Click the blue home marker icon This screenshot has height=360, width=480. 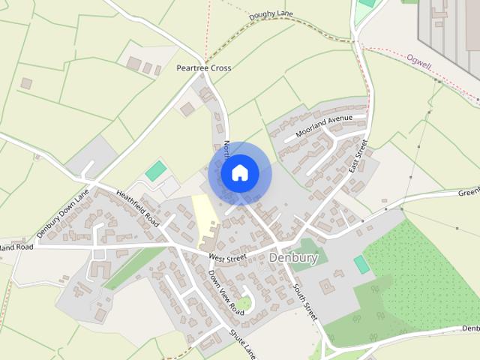pyautogui.click(x=240, y=173)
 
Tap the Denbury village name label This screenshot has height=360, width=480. pyautogui.click(x=293, y=259)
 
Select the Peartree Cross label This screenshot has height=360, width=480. pyautogui.click(x=204, y=67)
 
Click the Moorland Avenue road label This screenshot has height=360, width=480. pyautogui.click(x=323, y=124)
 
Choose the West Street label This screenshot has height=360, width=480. pyautogui.click(x=227, y=257)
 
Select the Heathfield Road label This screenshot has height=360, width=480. pyautogui.click(x=139, y=208)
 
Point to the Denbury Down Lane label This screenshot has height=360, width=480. pyautogui.click(x=62, y=214)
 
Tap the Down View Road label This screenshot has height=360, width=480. pyautogui.click(x=226, y=292)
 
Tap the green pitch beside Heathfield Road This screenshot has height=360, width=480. pyautogui.click(x=157, y=171)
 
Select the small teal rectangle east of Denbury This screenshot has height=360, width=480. pyautogui.click(x=361, y=264)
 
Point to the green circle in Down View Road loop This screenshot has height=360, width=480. pyautogui.click(x=244, y=304)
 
